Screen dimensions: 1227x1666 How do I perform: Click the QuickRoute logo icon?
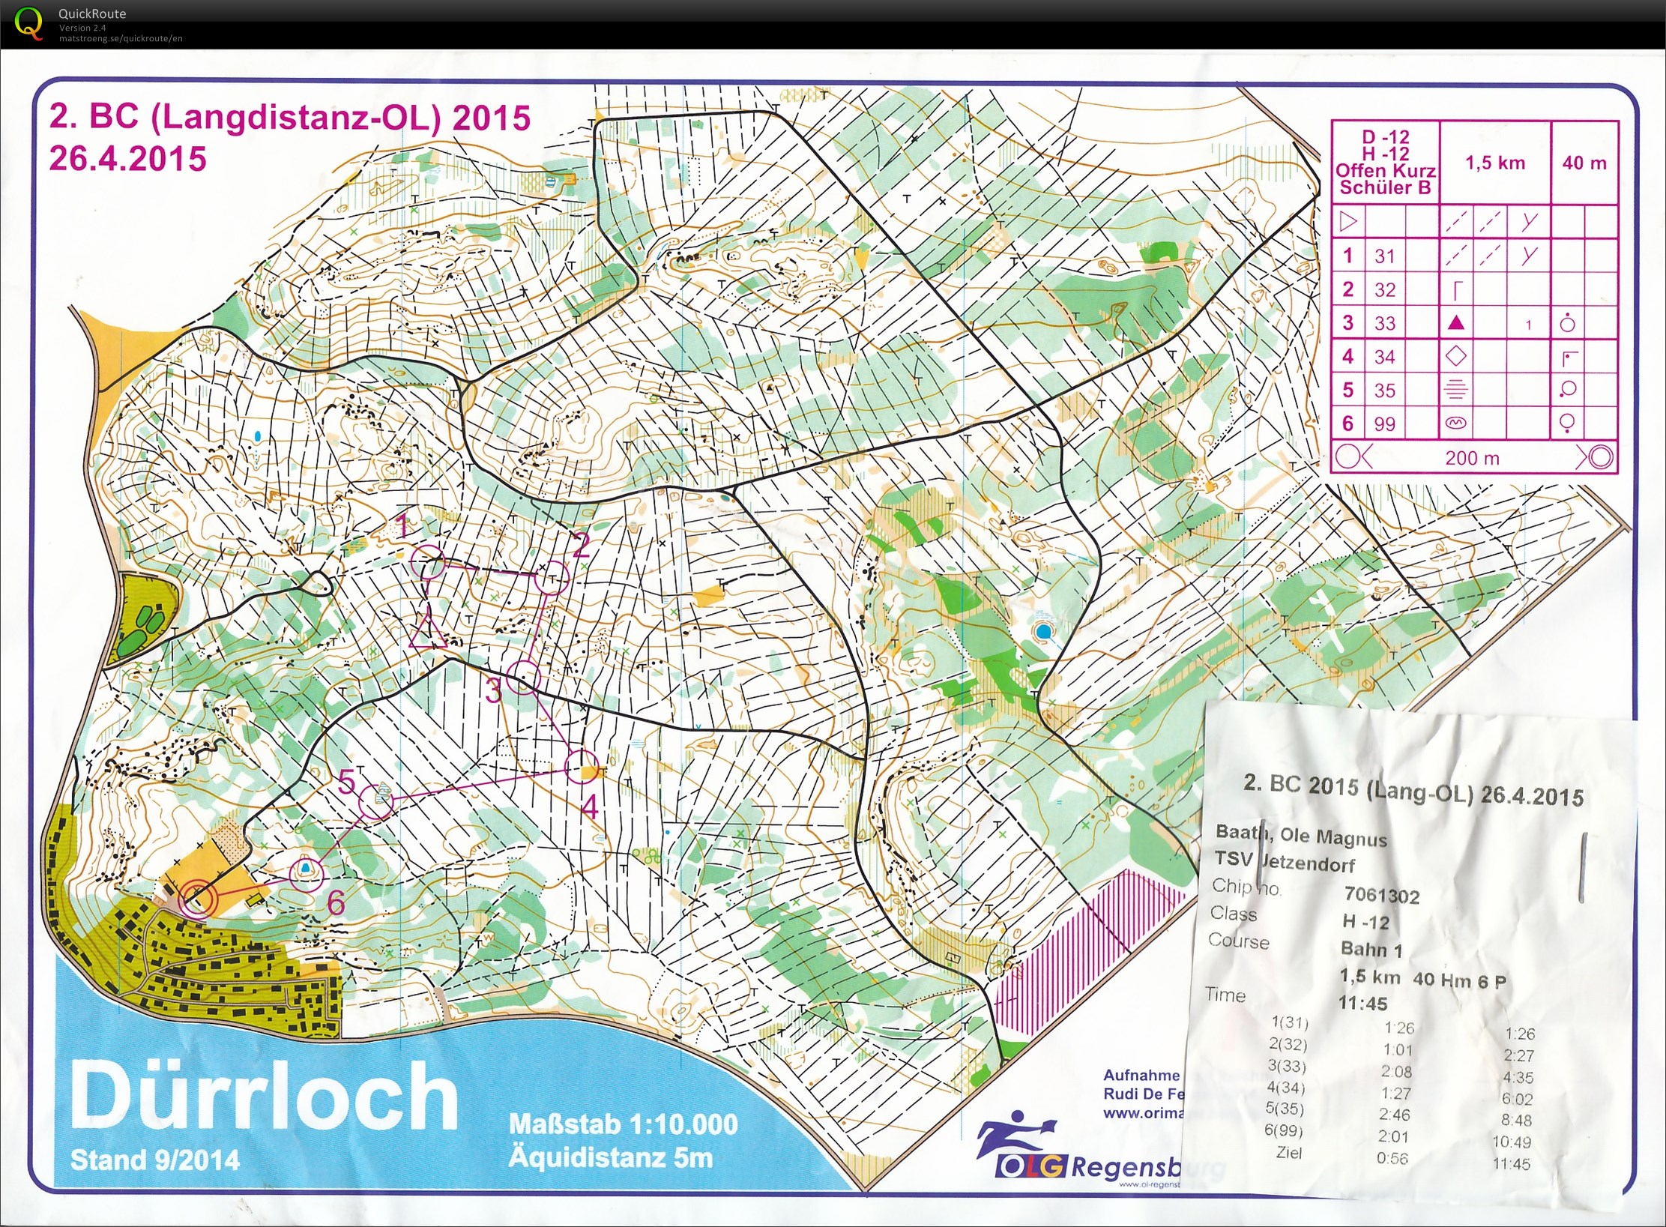[x=28, y=22]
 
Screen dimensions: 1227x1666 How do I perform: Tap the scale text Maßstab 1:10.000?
[x=623, y=1124]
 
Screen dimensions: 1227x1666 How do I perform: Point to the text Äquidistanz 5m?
[x=610, y=1157]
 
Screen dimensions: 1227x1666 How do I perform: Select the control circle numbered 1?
[x=429, y=562]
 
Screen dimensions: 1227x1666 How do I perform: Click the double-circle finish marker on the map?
[x=197, y=897]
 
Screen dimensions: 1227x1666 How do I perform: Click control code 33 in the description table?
[x=1384, y=323]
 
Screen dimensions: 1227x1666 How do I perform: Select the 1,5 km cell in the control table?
[x=1494, y=163]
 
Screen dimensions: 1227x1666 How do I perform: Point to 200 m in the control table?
[x=1472, y=458]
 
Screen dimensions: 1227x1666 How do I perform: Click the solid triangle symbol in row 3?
[x=1455, y=323]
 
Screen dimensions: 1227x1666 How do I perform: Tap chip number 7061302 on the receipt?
[x=1381, y=895]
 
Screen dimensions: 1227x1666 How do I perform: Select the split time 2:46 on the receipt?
[x=1393, y=1115]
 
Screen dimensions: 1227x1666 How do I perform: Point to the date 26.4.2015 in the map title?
[x=127, y=159]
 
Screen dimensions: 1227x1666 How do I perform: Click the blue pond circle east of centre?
[x=1043, y=631]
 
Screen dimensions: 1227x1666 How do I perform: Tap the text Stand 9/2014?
[x=155, y=1160]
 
